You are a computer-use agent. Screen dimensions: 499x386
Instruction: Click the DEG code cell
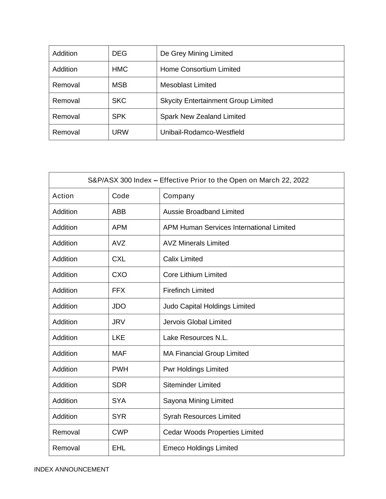[x=119, y=53]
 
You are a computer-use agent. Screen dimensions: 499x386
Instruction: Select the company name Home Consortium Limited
[x=200, y=69]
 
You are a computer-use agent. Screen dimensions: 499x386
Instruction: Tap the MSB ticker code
[x=119, y=85]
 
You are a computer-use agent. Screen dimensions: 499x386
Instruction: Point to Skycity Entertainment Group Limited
[x=216, y=101]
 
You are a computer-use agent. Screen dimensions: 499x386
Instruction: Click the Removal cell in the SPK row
[x=66, y=116]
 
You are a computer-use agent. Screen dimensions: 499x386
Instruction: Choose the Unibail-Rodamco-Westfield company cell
[x=202, y=132]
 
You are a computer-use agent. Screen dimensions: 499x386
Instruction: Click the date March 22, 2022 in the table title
[x=284, y=180]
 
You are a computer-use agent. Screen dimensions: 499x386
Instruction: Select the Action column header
[x=63, y=196]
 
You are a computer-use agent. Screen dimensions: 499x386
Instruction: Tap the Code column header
[x=121, y=196]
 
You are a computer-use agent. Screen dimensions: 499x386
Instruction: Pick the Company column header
[x=179, y=196]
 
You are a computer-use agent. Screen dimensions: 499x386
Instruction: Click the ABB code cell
[x=119, y=212]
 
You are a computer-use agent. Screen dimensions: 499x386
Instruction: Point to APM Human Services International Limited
[x=229, y=227]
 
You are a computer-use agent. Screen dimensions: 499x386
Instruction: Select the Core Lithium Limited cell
[x=195, y=275]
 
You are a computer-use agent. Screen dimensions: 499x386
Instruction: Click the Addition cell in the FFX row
[x=65, y=290]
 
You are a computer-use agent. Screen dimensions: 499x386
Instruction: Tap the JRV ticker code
[x=119, y=322]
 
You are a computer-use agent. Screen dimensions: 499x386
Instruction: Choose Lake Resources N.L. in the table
[x=195, y=337]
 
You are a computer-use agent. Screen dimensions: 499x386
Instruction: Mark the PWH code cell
[x=120, y=369]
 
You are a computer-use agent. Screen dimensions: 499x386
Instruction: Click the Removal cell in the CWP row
[x=66, y=432]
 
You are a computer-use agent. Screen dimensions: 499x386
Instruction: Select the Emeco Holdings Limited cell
[x=200, y=448]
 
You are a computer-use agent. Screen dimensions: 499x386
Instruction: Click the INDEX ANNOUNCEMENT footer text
[x=72, y=469]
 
